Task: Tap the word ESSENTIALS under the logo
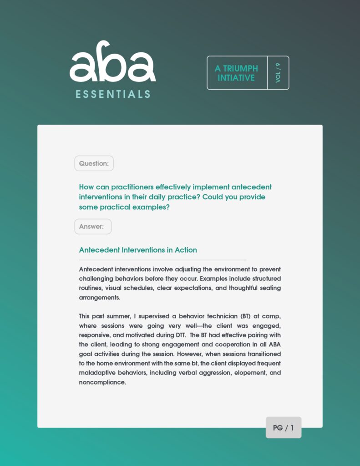pos(113,95)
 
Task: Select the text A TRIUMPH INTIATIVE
pos(236,73)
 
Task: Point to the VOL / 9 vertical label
pos(278,73)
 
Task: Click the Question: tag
pos(94,163)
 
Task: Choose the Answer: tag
pos(93,227)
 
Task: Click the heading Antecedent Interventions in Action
pos(138,250)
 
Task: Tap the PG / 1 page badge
pos(283,428)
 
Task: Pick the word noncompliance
pos(102,383)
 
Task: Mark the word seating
pos(269,288)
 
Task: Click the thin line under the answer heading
pos(162,260)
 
